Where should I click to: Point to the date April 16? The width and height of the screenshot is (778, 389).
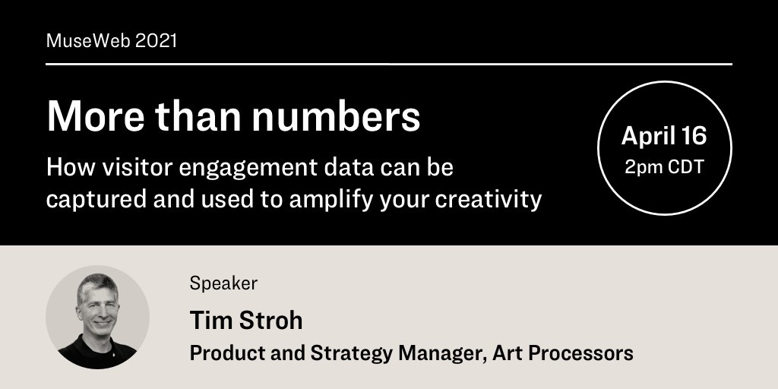[664, 136]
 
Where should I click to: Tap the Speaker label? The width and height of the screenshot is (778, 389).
[223, 283]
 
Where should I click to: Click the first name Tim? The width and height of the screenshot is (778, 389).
[207, 320]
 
